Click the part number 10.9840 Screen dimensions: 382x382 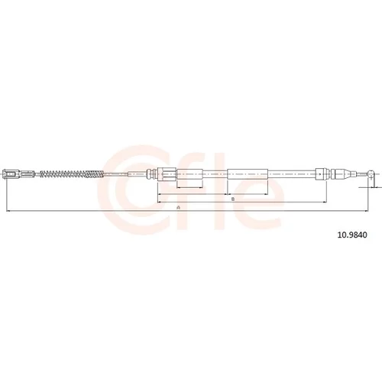352,235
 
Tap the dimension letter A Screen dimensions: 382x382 179,208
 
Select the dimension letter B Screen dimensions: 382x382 233,199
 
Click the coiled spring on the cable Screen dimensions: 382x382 72,174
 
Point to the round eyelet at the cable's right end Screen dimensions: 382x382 371,174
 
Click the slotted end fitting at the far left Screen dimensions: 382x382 11,174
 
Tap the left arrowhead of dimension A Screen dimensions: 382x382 8,211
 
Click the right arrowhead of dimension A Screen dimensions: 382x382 366,211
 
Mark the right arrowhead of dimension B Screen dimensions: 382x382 325,202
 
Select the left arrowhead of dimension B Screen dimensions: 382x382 160,202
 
